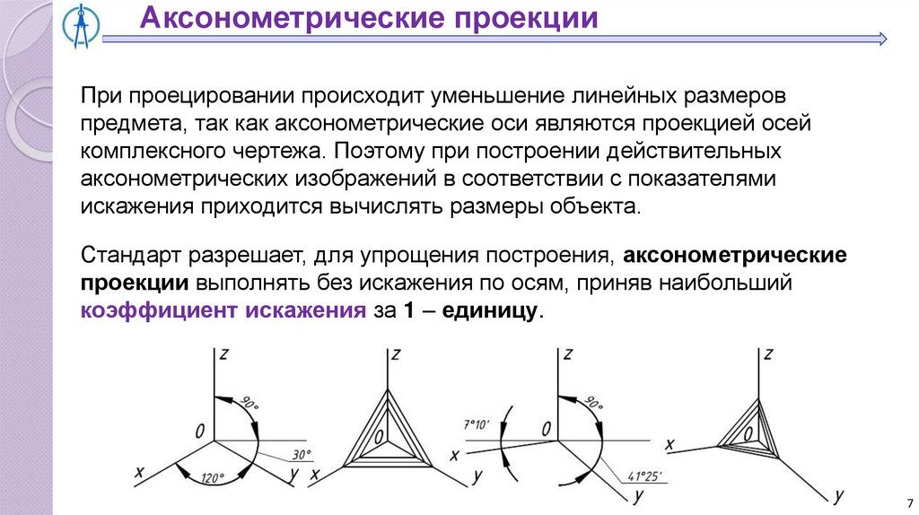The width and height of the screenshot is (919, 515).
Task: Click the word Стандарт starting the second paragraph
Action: click(x=131, y=255)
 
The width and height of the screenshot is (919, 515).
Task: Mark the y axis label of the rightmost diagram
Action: click(x=838, y=494)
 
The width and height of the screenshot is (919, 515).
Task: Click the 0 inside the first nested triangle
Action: click(x=381, y=437)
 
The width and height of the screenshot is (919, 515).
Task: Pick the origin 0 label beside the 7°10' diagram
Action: click(x=546, y=429)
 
